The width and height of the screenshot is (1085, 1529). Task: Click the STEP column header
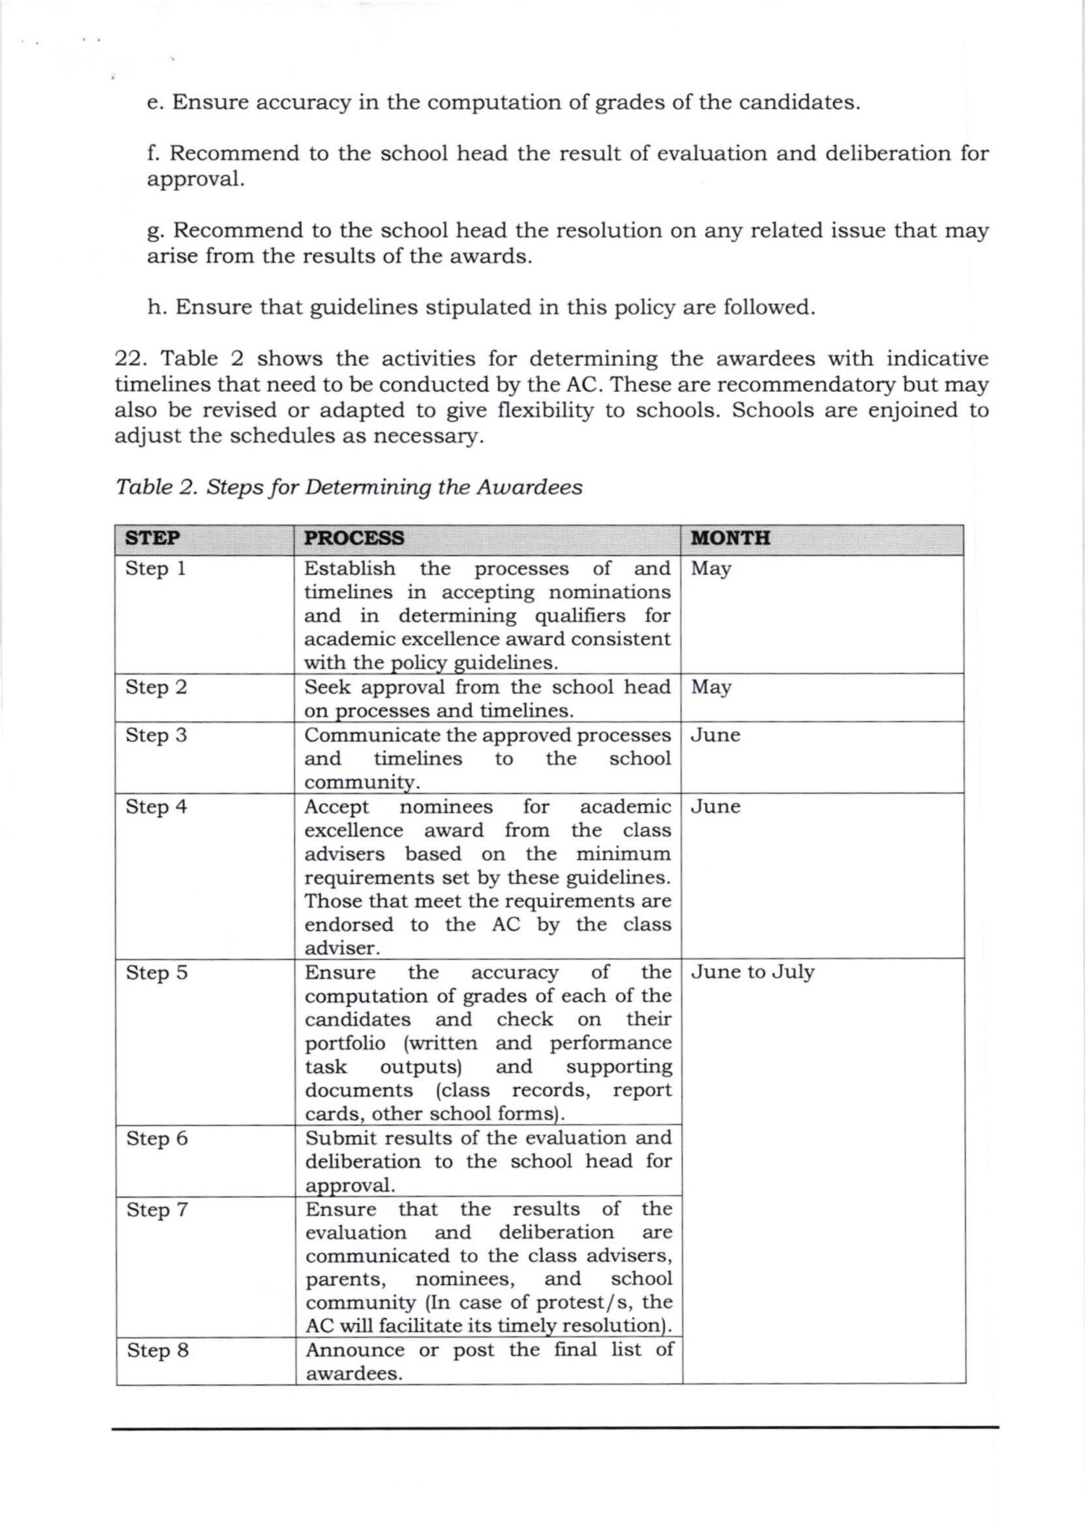pos(152,538)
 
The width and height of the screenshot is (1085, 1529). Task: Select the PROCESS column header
pos(354,538)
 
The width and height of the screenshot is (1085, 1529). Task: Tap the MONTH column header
pos(730,538)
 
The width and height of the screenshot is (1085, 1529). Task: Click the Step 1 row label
pos(155,569)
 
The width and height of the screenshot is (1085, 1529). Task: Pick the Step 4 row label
pos(156,807)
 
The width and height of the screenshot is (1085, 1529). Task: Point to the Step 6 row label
pos(157,1139)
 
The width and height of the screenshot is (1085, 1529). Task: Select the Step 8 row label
pos(157,1351)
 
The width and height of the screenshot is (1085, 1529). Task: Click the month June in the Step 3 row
pos(715,735)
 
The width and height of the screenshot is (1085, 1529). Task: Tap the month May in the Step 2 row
pos(710,688)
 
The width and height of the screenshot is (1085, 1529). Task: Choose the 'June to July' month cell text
pos(752,973)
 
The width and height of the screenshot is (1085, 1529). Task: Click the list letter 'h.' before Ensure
pos(157,308)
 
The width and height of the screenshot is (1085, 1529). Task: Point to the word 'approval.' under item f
pos(196,180)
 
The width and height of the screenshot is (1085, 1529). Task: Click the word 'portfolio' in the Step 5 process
pos(345,1044)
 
